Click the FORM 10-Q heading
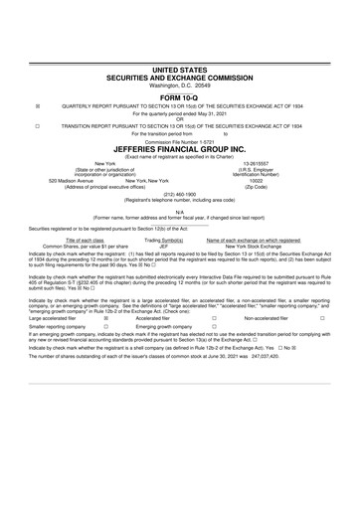pyautogui.click(x=179, y=96)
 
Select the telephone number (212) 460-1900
pyautogui.click(x=179, y=194)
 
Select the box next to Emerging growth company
pyautogui.click(x=214, y=327)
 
